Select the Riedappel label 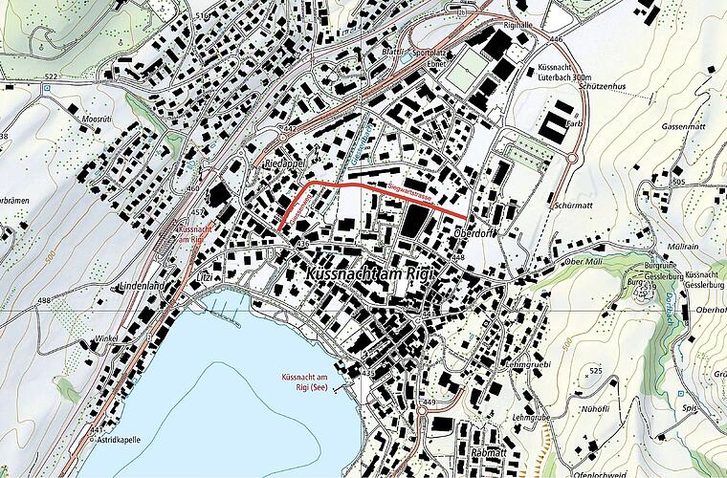tap(282, 163)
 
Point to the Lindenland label tap(137, 286)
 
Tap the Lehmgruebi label tap(529, 364)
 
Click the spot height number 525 tap(596, 370)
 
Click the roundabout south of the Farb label tap(572, 158)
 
